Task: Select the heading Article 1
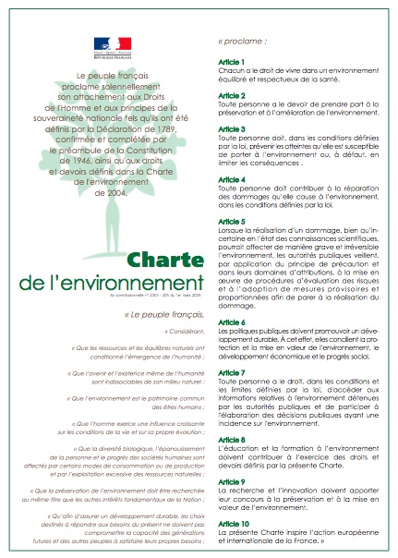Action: [x=231, y=62]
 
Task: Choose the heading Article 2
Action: [x=231, y=94]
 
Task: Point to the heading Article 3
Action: [x=231, y=127]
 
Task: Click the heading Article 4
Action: [x=231, y=178]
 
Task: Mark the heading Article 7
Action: [x=231, y=370]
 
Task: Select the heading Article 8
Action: [x=231, y=439]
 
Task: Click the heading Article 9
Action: [x=231, y=480]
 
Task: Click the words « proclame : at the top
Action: [x=245, y=42]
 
